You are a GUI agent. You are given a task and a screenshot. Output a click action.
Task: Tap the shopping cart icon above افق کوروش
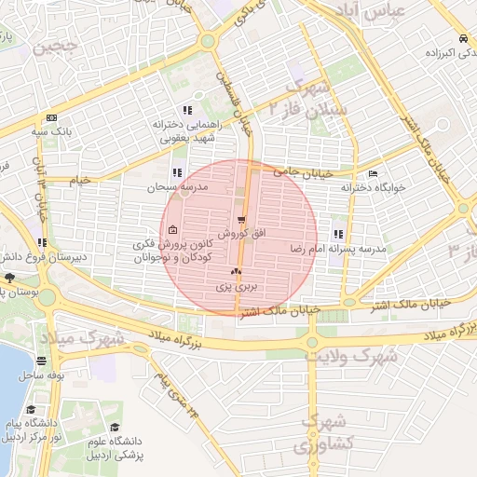click(x=242, y=220)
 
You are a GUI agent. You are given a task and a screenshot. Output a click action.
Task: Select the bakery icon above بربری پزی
click(x=236, y=273)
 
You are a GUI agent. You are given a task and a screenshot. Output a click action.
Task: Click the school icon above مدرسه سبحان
click(x=177, y=171)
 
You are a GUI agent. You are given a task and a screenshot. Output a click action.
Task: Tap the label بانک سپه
click(x=55, y=132)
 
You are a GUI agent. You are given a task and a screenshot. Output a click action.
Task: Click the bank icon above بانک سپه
click(x=50, y=118)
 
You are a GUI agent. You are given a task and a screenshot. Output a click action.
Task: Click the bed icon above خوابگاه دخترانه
click(x=374, y=174)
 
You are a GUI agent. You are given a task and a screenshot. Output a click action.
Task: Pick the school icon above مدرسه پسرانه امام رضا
click(x=337, y=234)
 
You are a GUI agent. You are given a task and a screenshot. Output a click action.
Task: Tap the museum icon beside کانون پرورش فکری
click(x=172, y=231)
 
